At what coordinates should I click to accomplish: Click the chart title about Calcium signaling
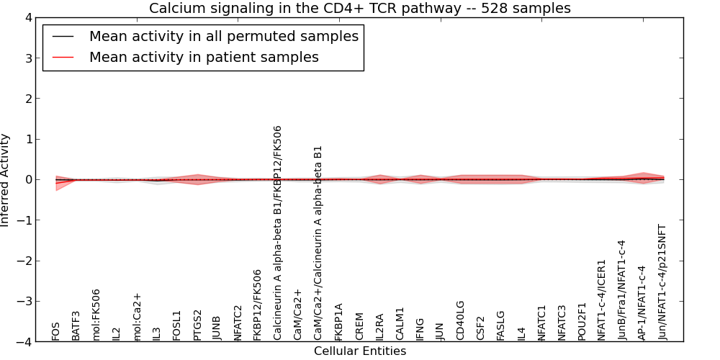coord(360,8)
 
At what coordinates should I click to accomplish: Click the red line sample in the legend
coord(63,58)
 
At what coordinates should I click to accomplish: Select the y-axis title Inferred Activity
coord(5,180)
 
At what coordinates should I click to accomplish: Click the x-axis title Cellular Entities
coord(360,351)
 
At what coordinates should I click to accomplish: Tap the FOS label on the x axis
coord(56,330)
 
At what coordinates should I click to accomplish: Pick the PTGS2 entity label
coord(197,325)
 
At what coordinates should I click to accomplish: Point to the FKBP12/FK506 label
coord(258,305)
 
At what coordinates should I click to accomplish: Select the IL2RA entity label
coord(379,328)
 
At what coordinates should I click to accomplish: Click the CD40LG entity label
coord(460,320)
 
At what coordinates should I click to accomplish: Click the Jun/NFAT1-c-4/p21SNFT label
coord(662,282)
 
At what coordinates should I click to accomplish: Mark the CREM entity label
coord(359,326)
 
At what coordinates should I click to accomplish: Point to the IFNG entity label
coord(420,329)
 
